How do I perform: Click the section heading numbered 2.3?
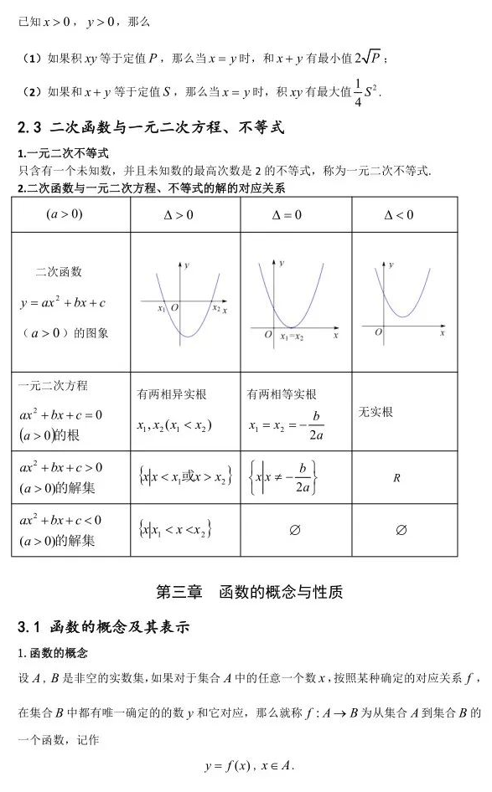(151, 128)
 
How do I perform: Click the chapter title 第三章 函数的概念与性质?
(250, 592)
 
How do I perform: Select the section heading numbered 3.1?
(105, 627)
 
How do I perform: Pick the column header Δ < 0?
(399, 215)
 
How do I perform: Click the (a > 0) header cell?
(64, 214)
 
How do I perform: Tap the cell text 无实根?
(375, 412)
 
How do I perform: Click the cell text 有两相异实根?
(172, 394)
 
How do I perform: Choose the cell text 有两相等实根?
(282, 394)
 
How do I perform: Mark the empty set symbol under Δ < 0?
(401, 529)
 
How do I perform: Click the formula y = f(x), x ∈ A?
(249, 766)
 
